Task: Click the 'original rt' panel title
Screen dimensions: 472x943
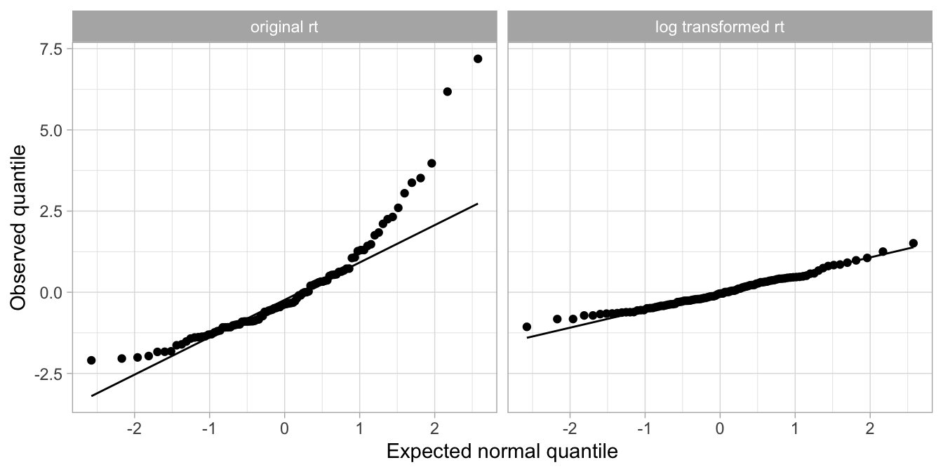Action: tap(284, 28)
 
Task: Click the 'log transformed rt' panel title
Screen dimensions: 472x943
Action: tap(720, 28)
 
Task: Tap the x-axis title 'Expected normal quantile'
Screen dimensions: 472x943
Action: tap(502, 452)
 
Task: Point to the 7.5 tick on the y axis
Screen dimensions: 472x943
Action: tap(51, 48)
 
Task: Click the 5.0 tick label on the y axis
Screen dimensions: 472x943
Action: tap(51, 130)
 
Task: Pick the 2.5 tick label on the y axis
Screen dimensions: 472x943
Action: tap(51, 211)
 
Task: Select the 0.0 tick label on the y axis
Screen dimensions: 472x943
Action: tap(51, 292)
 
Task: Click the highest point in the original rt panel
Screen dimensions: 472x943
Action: tap(478, 59)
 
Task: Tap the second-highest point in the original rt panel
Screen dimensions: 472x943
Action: tap(448, 91)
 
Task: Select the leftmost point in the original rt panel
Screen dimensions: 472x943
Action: tap(91, 360)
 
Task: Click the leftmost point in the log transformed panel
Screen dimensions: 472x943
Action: tap(527, 327)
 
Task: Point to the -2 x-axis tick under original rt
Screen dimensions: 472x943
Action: tap(134, 428)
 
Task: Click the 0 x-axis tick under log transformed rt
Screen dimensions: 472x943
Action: tap(720, 428)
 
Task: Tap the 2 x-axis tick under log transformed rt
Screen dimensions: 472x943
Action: tap(870, 428)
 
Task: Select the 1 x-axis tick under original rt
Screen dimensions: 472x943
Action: tap(359, 428)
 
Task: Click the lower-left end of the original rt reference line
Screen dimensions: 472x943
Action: tap(92, 396)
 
